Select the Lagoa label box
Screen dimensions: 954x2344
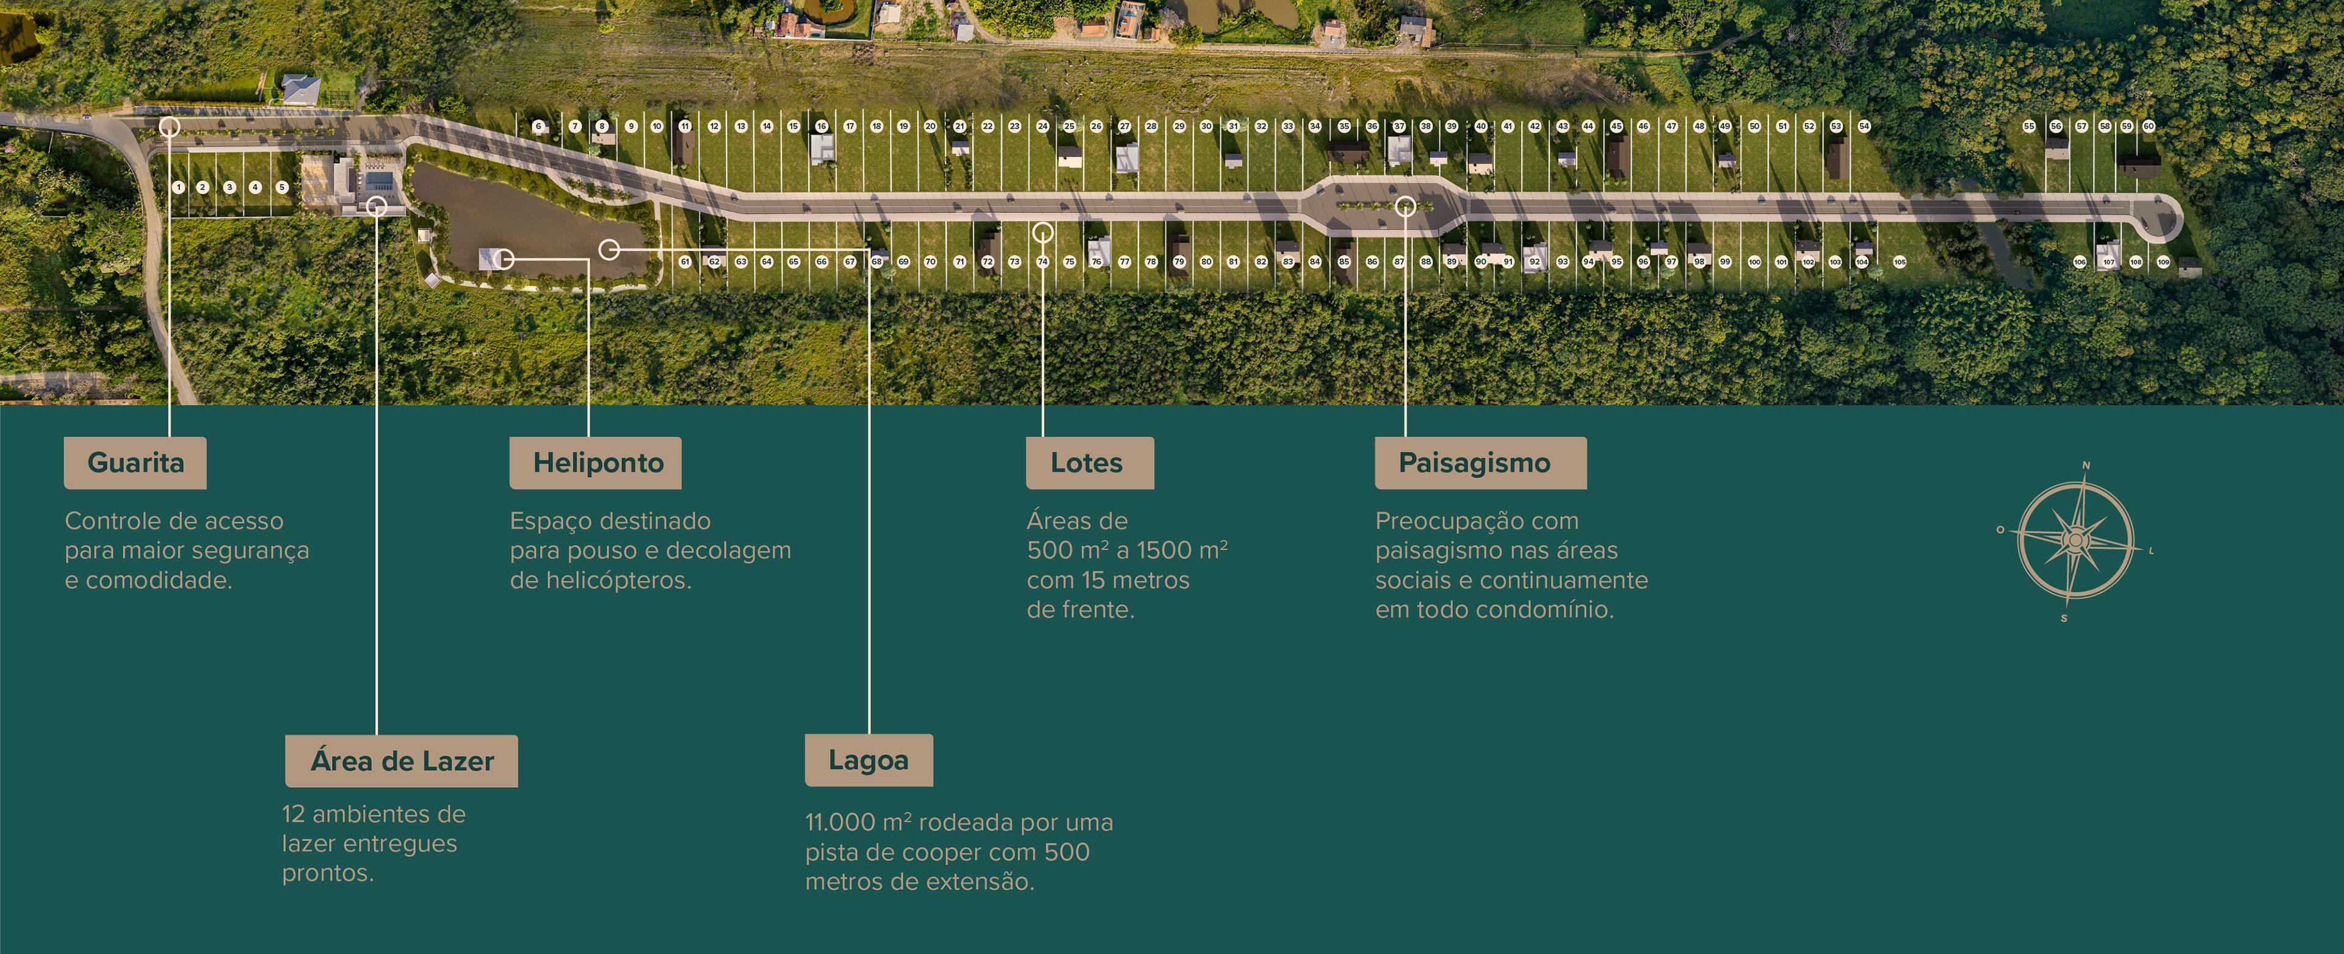[x=868, y=760]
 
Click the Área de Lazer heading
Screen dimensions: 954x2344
[x=401, y=761]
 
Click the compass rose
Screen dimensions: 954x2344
[x=2075, y=541]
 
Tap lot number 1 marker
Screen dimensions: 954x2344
[x=178, y=188]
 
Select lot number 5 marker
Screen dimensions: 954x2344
[x=282, y=188]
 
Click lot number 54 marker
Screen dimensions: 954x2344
[x=1864, y=126]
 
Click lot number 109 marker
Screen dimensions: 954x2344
[x=2163, y=262]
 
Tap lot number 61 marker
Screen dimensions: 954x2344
[x=685, y=262]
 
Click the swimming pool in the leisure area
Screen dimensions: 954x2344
[x=380, y=178]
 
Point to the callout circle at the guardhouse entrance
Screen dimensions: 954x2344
[x=169, y=126]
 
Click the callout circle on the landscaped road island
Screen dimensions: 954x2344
[x=1406, y=206]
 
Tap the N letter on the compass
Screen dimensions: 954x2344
[x=2086, y=465]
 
